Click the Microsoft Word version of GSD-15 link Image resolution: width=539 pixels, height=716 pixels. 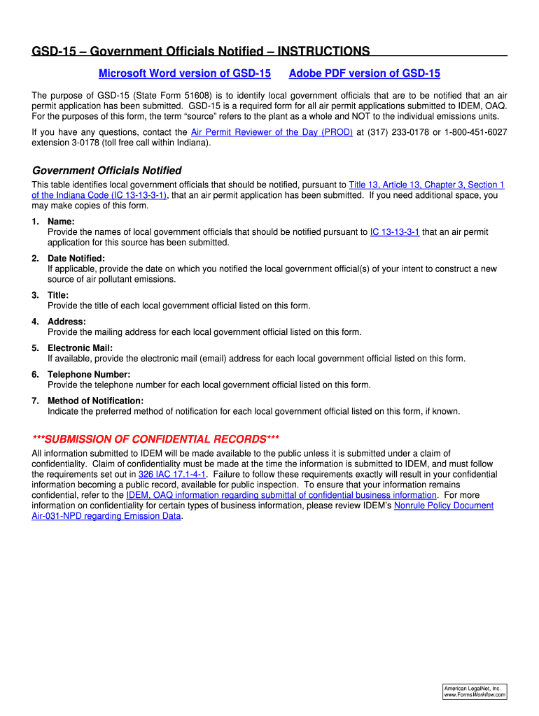184,73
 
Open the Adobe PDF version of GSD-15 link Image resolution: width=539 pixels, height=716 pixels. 364,73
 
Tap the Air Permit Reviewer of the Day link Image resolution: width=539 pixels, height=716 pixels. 272,132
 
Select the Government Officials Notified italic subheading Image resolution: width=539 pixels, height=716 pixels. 107,171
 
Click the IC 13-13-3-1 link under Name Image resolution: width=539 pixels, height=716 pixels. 394,231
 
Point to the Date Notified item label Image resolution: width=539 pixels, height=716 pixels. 76,258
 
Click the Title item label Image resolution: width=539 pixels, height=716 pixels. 58,295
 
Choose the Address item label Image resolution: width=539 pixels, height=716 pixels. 66,322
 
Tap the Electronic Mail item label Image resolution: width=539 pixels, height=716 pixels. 80,348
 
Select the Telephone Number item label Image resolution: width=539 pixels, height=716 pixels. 89,375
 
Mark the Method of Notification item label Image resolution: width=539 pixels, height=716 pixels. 95,401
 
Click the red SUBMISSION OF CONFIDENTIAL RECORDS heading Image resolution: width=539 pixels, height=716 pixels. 155,439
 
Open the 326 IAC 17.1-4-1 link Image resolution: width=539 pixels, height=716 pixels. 171,474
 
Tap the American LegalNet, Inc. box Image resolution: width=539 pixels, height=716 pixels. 475,692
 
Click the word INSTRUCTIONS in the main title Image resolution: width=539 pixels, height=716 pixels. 323,51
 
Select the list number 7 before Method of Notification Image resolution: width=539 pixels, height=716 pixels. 35,401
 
